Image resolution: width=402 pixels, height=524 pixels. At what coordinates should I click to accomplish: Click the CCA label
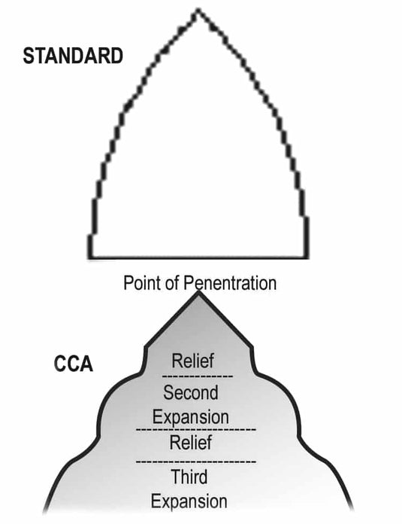[73, 365]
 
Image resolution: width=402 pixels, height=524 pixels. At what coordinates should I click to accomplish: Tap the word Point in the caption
[141, 284]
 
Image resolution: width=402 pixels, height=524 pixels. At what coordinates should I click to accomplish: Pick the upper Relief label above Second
[198, 361]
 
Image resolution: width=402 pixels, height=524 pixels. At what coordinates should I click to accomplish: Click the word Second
[191, 392]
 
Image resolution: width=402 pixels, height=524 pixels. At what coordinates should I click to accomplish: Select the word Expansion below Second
[191, 416]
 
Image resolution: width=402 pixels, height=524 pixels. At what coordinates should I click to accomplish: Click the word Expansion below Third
[189, 501]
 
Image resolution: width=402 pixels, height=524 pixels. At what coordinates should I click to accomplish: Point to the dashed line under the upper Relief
[198, 375]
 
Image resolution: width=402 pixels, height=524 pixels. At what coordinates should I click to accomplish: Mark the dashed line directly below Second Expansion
[195, 429]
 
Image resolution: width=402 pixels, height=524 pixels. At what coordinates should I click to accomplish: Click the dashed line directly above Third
[195, 460]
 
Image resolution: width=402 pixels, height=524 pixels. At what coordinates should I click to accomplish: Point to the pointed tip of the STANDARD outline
[198, 11]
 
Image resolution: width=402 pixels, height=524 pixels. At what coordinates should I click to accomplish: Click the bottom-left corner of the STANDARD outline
[89, 257]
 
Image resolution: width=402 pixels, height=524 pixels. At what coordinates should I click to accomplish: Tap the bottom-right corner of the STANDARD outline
[306, 257]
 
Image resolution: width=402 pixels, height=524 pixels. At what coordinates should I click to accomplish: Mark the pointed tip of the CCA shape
[198, 292]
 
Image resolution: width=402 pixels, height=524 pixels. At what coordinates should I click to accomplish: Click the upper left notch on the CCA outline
[145, 348]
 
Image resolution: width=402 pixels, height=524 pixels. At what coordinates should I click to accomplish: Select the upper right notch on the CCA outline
[252, 348]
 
